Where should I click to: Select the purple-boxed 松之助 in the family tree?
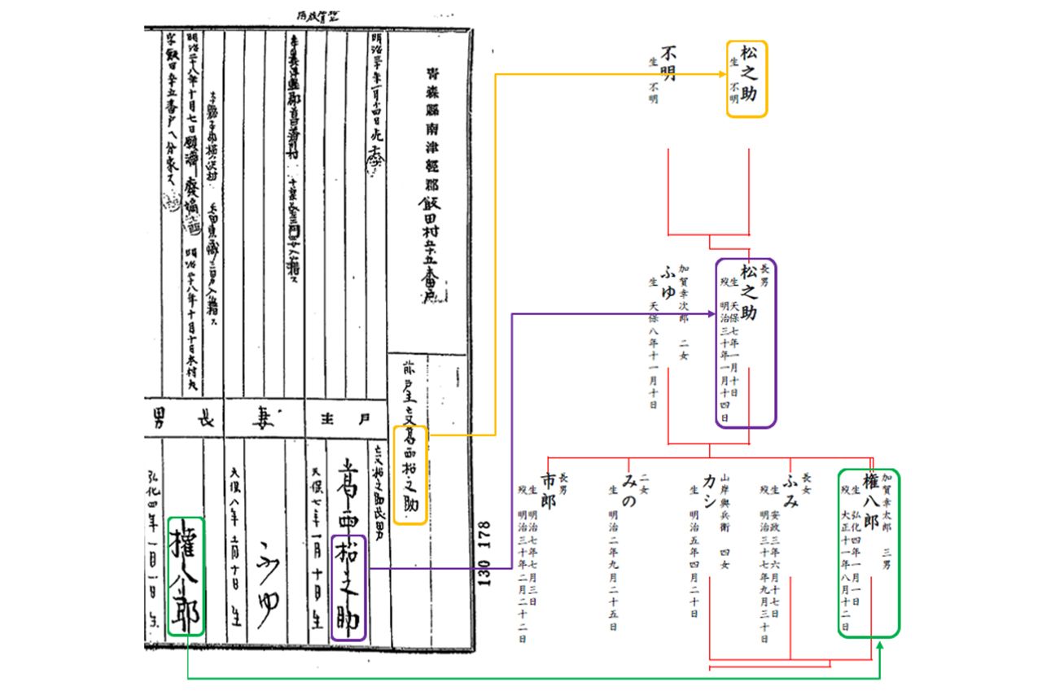click(746, 342)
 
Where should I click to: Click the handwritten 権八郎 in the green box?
click(185, 575)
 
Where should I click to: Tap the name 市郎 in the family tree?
click(547, 488)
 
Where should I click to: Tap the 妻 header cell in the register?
click(264, 420)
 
